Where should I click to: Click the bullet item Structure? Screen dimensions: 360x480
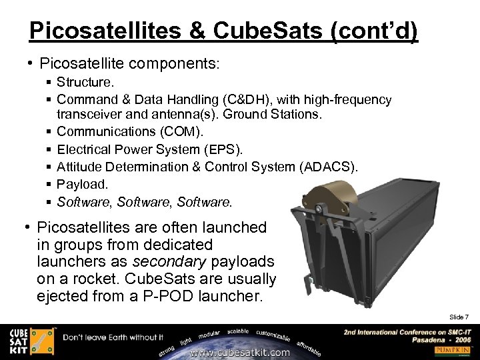pyautogui.click(x=85, y=83)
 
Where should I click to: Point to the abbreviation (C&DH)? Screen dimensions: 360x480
pyautogui.click(x=237, y=100)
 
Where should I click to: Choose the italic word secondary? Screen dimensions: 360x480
pyautogui.click(x=168, y=261)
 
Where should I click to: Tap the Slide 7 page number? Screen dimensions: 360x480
pyautogui.click(x=459, y=316)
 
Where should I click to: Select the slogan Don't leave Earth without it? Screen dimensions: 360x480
pyautogui.click(x=113, y=337)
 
